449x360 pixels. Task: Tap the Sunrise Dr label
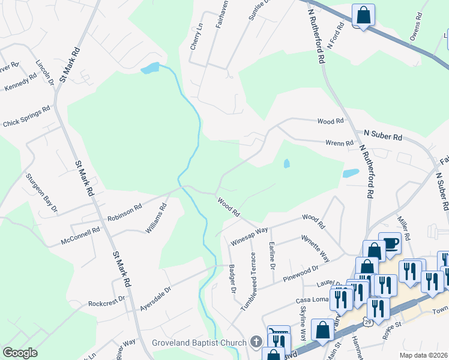point(256,10)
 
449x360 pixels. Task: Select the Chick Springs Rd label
point(26,118)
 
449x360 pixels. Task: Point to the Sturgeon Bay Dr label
point(41,193)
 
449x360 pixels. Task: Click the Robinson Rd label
point(125,212)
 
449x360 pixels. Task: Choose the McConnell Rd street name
point(80,236)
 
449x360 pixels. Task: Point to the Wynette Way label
point(315,248)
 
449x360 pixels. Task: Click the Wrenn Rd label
point(339,143)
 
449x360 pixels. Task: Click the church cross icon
point(256,342)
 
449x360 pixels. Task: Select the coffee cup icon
point(390,242)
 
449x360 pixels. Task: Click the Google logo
point(20,352)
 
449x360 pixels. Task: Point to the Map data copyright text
point(423,355)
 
